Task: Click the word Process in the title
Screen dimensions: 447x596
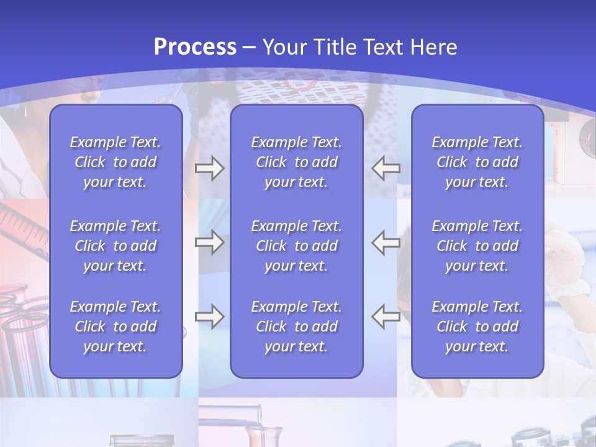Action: (x=195, y=47)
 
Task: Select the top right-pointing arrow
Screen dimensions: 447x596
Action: (x=209, y=168)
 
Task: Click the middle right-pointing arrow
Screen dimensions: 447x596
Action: (x=209, y=242)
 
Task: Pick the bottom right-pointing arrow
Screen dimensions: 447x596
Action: (x=209, y=317)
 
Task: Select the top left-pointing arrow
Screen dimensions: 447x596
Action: (x=386, y=168)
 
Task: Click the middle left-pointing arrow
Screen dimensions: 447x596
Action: (x=386, y=242)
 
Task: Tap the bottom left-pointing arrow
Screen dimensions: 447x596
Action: (x=386, y=317)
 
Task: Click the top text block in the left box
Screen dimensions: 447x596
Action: (x=115, y=162)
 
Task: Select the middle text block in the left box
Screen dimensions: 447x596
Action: (x=115, y=246)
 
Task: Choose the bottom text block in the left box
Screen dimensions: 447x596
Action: (x=115, y=327)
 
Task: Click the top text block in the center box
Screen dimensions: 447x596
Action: (x=296, y=162)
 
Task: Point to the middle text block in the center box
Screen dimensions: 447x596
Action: (x=296, y=246)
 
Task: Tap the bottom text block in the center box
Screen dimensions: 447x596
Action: (x=296, y=327)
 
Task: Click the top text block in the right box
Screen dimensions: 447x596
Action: (x=477, y=162)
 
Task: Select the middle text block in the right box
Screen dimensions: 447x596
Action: (x=477, y=246)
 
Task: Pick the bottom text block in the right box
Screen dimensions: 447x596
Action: (x=477, y=327)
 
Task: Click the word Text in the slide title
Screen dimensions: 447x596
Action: (x=383, y=47)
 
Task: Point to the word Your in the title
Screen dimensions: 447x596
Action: (x=286, y=47)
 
